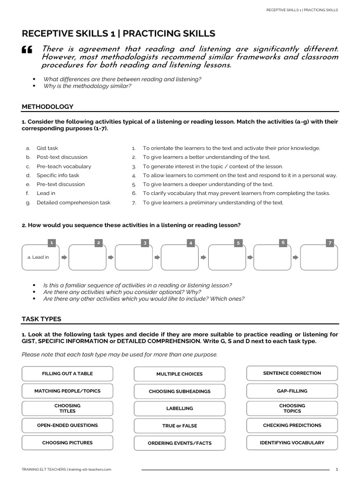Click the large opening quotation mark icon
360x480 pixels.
27,51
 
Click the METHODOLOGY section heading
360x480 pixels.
47,107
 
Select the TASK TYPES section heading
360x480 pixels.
41,319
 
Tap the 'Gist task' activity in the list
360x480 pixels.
47,148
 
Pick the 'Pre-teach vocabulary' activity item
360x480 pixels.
64,166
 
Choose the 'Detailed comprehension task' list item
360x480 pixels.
74,202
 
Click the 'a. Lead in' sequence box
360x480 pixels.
41,257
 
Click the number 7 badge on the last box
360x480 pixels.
331,243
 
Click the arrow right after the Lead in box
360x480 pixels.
64,257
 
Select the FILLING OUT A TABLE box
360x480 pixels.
67,374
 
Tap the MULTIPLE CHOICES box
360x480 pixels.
180,374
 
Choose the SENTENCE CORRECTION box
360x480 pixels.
292,373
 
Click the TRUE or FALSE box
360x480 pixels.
180,426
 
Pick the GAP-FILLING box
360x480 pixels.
292,390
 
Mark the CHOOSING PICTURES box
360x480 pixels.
67,442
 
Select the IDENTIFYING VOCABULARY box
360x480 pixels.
292,442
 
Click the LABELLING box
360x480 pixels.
180,408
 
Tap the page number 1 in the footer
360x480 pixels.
337,469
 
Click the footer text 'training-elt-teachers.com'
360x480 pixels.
90,469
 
